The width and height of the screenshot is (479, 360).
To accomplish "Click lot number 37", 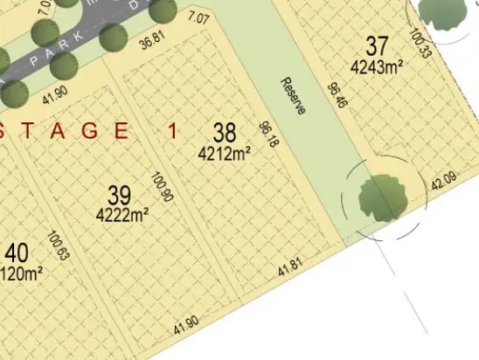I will click(377, 45).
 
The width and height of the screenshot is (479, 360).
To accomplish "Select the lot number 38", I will click(225, 134).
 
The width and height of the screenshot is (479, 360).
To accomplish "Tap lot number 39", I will click(120, 194).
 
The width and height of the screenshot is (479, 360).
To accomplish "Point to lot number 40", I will click(17, 253).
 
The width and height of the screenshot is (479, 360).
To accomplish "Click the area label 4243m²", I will click(376, 66).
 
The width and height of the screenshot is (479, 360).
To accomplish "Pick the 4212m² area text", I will click(226, 153).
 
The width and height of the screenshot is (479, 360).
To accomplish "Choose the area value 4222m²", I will click(121, 212).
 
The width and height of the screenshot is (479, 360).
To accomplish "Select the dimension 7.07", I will click(198, 17).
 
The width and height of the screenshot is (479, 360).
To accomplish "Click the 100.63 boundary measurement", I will click(59, 246).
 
